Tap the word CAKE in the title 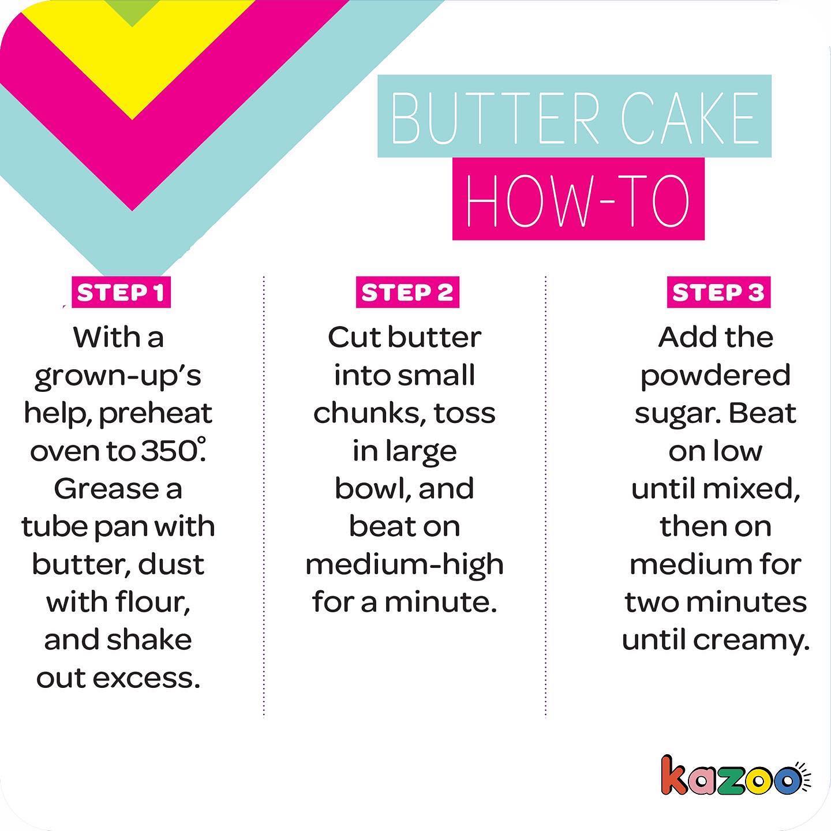pyautogui.click(x=690, y=118)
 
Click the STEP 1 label pyautogui.click(x=121, y=293)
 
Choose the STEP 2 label pyautogui.click(x=407, y=293)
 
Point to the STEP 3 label pyautogui.click(x=718, y=293)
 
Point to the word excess pyautogui.click(x=147, y=679)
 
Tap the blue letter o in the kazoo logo pyautogui.click(x=786, y=781)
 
